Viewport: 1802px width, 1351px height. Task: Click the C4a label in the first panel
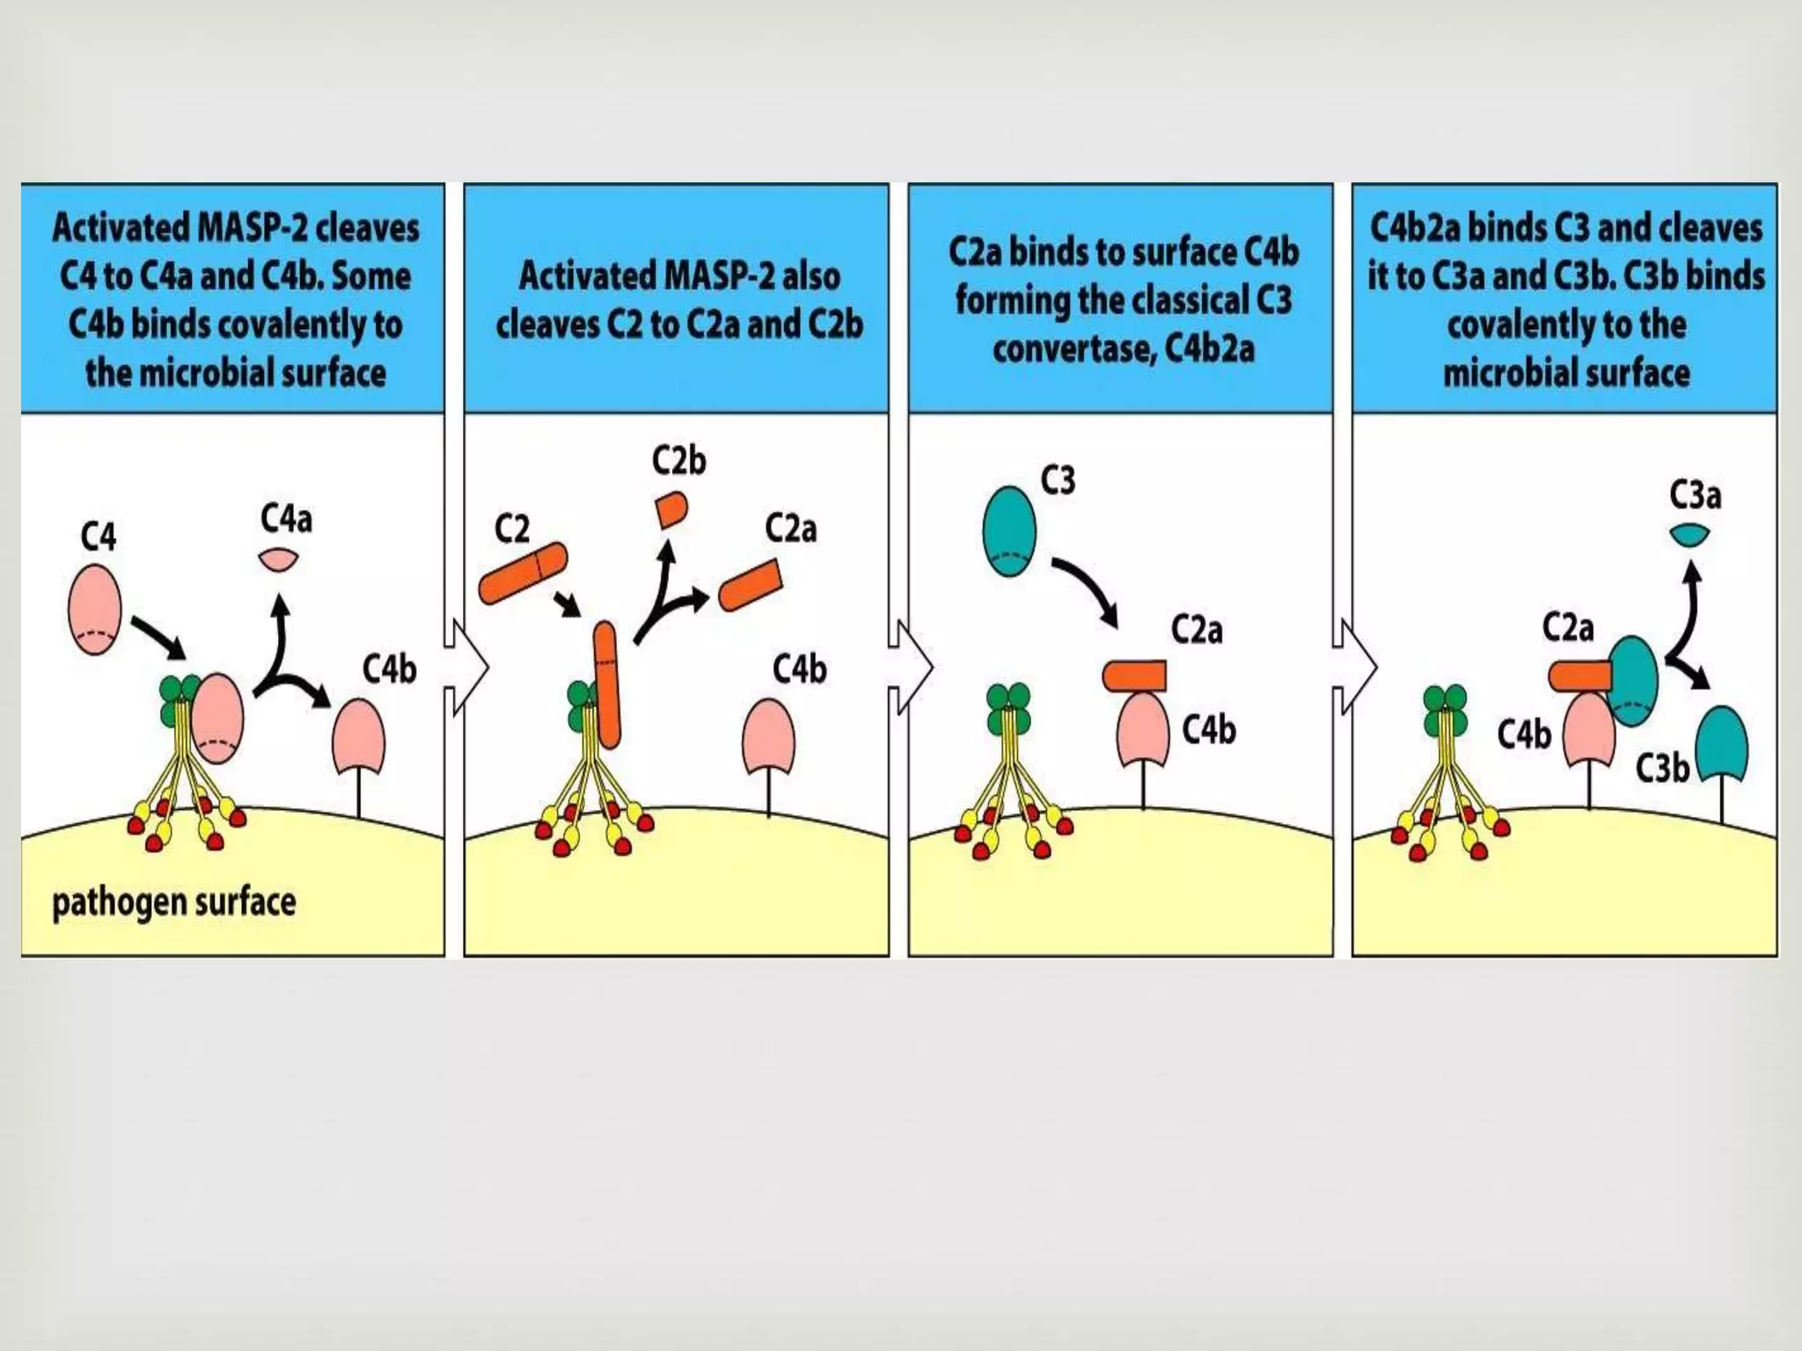[x=286, y=519]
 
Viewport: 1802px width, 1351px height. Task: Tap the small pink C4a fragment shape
[x=279, y=559]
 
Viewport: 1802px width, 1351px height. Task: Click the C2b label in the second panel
[x=678, y=461]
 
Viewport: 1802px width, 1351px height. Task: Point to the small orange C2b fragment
[x=672, y=509]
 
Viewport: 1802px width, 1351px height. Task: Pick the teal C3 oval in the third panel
[x=1009, y=531]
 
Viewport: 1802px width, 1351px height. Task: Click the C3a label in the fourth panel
[x=1695, y=495]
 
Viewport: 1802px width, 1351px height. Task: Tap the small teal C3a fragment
[x=1689, y=534]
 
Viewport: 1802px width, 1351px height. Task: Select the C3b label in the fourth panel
[x=1662, y=769]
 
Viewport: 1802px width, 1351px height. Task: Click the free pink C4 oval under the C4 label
[x=94, y=609]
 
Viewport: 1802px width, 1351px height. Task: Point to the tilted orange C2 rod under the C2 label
[x=523, y=573]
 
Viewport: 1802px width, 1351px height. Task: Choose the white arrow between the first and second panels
[x=466, y=666]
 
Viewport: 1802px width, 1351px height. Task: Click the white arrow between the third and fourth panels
[x=1355, y=666]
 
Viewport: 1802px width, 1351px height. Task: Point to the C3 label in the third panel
[x=1058, y=481]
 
